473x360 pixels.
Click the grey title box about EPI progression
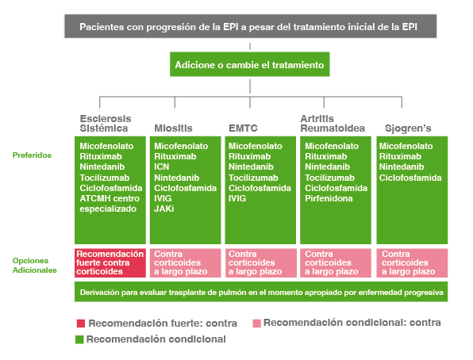(250, 26)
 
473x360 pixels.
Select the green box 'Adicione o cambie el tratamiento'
(249, 64)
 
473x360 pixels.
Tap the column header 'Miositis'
(173, 128)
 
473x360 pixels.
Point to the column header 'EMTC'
(243, 128)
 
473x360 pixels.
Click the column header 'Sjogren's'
(408, 128)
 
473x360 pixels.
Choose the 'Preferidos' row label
(32, 155)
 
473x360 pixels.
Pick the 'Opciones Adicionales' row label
(34, 266)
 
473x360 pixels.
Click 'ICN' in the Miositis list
(161, 167)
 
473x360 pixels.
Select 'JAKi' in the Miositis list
(163, 209)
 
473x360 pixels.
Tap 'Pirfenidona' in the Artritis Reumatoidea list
(329, 198)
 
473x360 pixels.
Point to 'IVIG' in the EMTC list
(237, 198)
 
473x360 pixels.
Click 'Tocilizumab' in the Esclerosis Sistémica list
(105, 178)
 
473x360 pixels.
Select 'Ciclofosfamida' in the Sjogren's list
(410, 178)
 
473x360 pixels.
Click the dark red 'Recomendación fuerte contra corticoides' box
(110, 262)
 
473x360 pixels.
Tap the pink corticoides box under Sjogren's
(412, 262)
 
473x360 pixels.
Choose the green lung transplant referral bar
(261, 292)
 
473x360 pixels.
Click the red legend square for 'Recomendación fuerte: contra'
(80, 324)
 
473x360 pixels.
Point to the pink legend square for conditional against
(256, 324)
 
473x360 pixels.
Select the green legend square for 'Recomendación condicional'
(79, 339)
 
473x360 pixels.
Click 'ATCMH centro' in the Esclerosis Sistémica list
(110, 198)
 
